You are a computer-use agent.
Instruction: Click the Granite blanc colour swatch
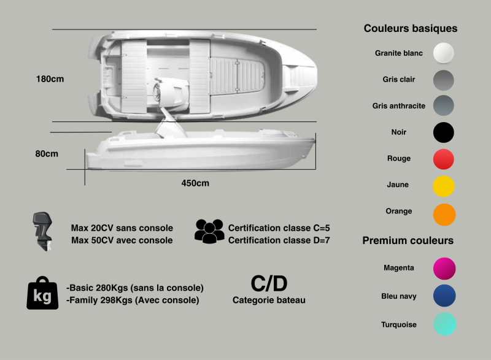(444, 53)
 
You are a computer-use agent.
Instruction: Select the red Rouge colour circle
(444, 159)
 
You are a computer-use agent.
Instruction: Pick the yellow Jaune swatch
(444, 185)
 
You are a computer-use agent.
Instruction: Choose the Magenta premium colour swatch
(444, 268)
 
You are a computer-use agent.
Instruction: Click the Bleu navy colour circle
(444, 296)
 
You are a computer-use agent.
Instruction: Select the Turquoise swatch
(444, 324)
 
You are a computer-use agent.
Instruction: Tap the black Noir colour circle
(444, 132)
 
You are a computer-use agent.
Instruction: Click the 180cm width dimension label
(50, 79)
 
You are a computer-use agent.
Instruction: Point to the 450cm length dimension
(195, 183)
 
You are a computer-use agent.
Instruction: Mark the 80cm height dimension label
(47, 154)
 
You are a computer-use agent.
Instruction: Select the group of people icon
(209, 231)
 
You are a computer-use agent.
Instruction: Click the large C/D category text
(269, 283)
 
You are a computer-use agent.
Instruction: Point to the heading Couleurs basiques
(410, 28)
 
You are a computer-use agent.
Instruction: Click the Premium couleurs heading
(408, 240)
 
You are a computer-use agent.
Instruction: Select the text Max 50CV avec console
(122, 240)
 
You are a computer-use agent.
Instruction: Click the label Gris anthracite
(398, 106)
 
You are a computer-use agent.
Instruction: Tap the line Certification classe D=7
(279, 240)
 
